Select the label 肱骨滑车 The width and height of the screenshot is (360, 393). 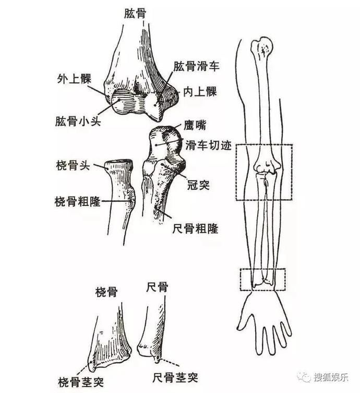pos(196,67)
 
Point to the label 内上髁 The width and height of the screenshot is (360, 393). pos(200,92)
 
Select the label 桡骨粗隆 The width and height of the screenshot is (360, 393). pos(78,201)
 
